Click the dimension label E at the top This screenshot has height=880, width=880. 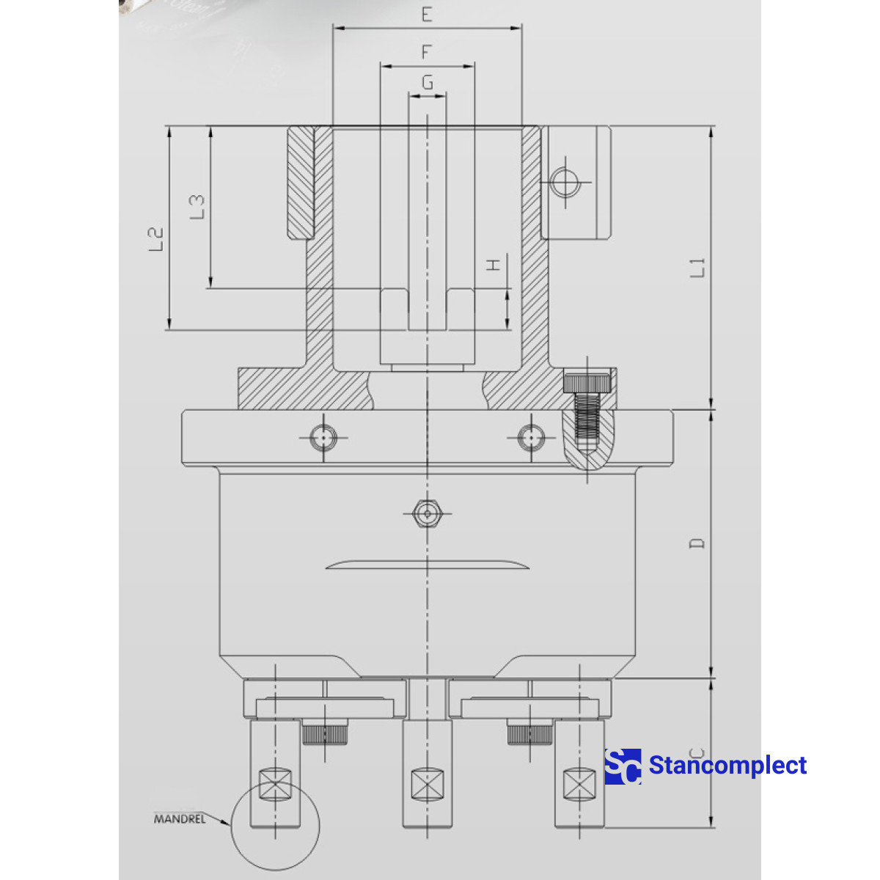[x=427, y=15]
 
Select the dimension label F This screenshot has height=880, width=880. [x=427, y=52]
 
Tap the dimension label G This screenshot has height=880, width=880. [x=427, y=82]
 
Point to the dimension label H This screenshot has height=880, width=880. [x=495, y=264]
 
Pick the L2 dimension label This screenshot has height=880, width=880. [x=155, y=239]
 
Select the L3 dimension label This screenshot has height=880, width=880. [x=197, y=207]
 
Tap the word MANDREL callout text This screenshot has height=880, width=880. [x=179, y=818]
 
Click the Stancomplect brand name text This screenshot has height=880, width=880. [x=727, y=766]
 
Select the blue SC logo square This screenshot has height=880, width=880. [x=623, y=766]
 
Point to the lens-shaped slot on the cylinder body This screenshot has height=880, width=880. [x=427, y=565]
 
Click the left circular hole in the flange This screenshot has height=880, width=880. [x=323, y=438]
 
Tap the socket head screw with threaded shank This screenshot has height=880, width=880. [x=587, y=411]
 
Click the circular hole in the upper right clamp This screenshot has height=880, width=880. [x=565, y=181]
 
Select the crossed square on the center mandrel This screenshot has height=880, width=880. [x=427, y=784]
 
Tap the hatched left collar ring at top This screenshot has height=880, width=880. [x=300, y=183]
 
